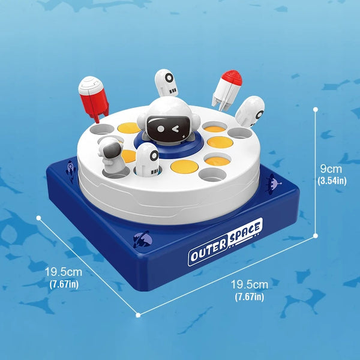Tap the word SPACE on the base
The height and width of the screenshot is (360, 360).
(245, 232)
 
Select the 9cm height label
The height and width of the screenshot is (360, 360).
(331, 169)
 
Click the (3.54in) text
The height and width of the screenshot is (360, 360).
(332, 181)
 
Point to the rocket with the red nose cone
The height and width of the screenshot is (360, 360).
(227, 91)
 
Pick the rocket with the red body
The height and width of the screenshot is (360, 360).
(94, 98)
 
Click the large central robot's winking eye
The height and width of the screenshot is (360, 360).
(176, 129)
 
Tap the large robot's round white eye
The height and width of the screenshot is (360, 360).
(160, 129)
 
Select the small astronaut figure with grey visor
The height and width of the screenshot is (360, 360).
(111, 156)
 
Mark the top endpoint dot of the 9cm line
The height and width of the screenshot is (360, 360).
(316, 110)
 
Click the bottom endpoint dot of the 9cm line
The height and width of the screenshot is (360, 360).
(316, 236)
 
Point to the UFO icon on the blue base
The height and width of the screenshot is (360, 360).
(273, 184)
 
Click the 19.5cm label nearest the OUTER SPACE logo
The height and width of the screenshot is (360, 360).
(250, 290)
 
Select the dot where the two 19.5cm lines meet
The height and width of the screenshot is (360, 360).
(138, 315)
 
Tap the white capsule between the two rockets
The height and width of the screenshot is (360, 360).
(166, 83)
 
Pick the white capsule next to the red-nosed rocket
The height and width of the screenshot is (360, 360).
(250, 112)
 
